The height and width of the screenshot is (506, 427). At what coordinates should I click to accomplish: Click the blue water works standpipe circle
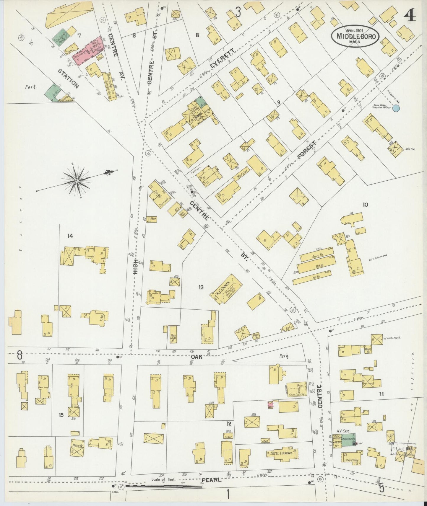pyautogui.click(x=396, y=108)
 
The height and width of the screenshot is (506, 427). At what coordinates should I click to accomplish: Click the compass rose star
pyautogui.click(x=77, y=180)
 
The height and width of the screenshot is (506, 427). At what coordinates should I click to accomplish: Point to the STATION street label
pyautogui.click(x=69, y=79)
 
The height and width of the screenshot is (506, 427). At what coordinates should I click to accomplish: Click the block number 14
pyautogui.click(x=70, y=236)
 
